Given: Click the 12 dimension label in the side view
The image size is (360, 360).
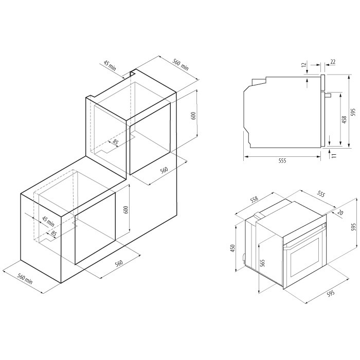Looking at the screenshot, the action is point(304,65).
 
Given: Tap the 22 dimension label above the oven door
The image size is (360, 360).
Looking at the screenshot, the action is point(333,62).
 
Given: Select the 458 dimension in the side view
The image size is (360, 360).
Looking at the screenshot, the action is point(344,120).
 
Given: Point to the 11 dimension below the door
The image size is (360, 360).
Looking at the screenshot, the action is point(334,155).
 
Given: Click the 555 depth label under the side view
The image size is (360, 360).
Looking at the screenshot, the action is point(282,160).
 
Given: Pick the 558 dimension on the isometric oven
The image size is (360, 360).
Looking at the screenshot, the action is point(254,200).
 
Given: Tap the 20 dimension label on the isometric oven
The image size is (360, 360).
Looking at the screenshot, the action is point(340,212).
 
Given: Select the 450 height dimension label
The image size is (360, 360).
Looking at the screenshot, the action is point(233,248).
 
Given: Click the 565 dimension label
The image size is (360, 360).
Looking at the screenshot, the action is point(263,263).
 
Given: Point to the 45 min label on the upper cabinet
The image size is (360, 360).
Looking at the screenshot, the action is point(110,65).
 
